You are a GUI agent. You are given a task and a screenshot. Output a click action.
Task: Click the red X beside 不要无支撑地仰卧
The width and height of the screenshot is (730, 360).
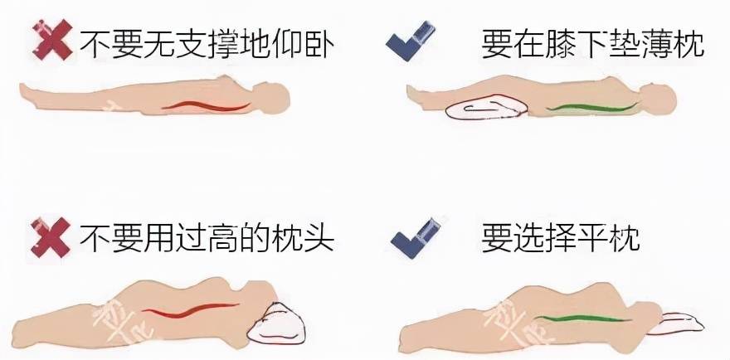pyautogui.click(x=52, y=40)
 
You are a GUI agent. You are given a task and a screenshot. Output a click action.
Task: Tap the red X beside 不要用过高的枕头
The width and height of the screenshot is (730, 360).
pyautogui.click(x=51, y=237)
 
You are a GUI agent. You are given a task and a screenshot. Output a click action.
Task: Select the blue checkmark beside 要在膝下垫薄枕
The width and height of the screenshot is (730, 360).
pyautogui.click(x=411, y=41)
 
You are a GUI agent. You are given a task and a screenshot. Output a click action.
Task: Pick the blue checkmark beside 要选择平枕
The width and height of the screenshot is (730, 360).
pyautogui.click(x=416, y=238)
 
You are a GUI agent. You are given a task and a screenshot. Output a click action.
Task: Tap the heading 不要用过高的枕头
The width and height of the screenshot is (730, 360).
pyautogui.click(x=207, y=237)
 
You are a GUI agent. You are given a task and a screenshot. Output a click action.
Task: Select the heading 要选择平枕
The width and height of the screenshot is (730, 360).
pyautogui.click(x=561, y=237)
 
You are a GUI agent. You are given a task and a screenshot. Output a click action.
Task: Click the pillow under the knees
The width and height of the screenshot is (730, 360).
pyautogui.click(x=486, y=108)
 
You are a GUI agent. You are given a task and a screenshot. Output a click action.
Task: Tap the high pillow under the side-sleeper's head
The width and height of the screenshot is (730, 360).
pyautogui.click(x=275, y=324)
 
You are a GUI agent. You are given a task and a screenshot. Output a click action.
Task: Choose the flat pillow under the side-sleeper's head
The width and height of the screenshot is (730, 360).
pyautogui.click(x=676, y=324)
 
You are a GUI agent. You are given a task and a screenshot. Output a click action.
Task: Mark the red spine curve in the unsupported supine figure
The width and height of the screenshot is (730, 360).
pyautogui.click(x=207, y=106)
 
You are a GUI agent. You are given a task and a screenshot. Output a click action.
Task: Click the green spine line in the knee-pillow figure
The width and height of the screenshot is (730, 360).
pyautogui.click(x=592, y=108)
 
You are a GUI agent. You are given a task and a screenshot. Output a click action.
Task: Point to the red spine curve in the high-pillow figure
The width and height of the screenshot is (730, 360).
pyautogui.click(x=190, y=310)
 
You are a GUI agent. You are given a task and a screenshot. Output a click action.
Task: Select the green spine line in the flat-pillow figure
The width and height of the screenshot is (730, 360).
pyautogui.click(x=583, y=319)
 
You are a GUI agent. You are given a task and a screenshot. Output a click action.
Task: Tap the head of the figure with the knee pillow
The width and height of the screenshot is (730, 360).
pyautogui.click(x=658, y=100)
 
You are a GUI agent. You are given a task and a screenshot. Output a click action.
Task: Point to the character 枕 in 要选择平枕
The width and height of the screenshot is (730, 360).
pyautogui.click(x=623, y=237)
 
